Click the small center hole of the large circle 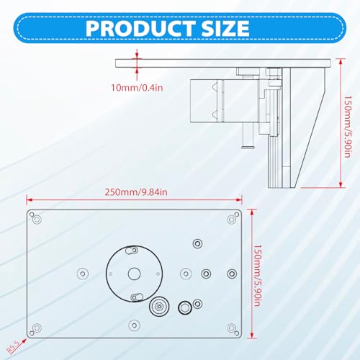point(134,274)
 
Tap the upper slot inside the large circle point(131,251)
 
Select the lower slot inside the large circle point(135,296)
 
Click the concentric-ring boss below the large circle point(158,307)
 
